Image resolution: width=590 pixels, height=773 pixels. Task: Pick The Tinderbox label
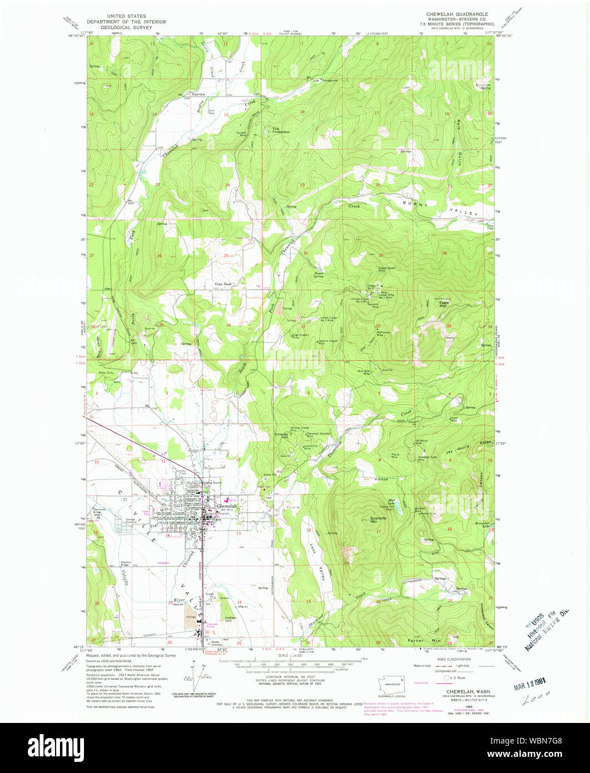tap(280, 131)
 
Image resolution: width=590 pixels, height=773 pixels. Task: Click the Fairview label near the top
tap(199, 95)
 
